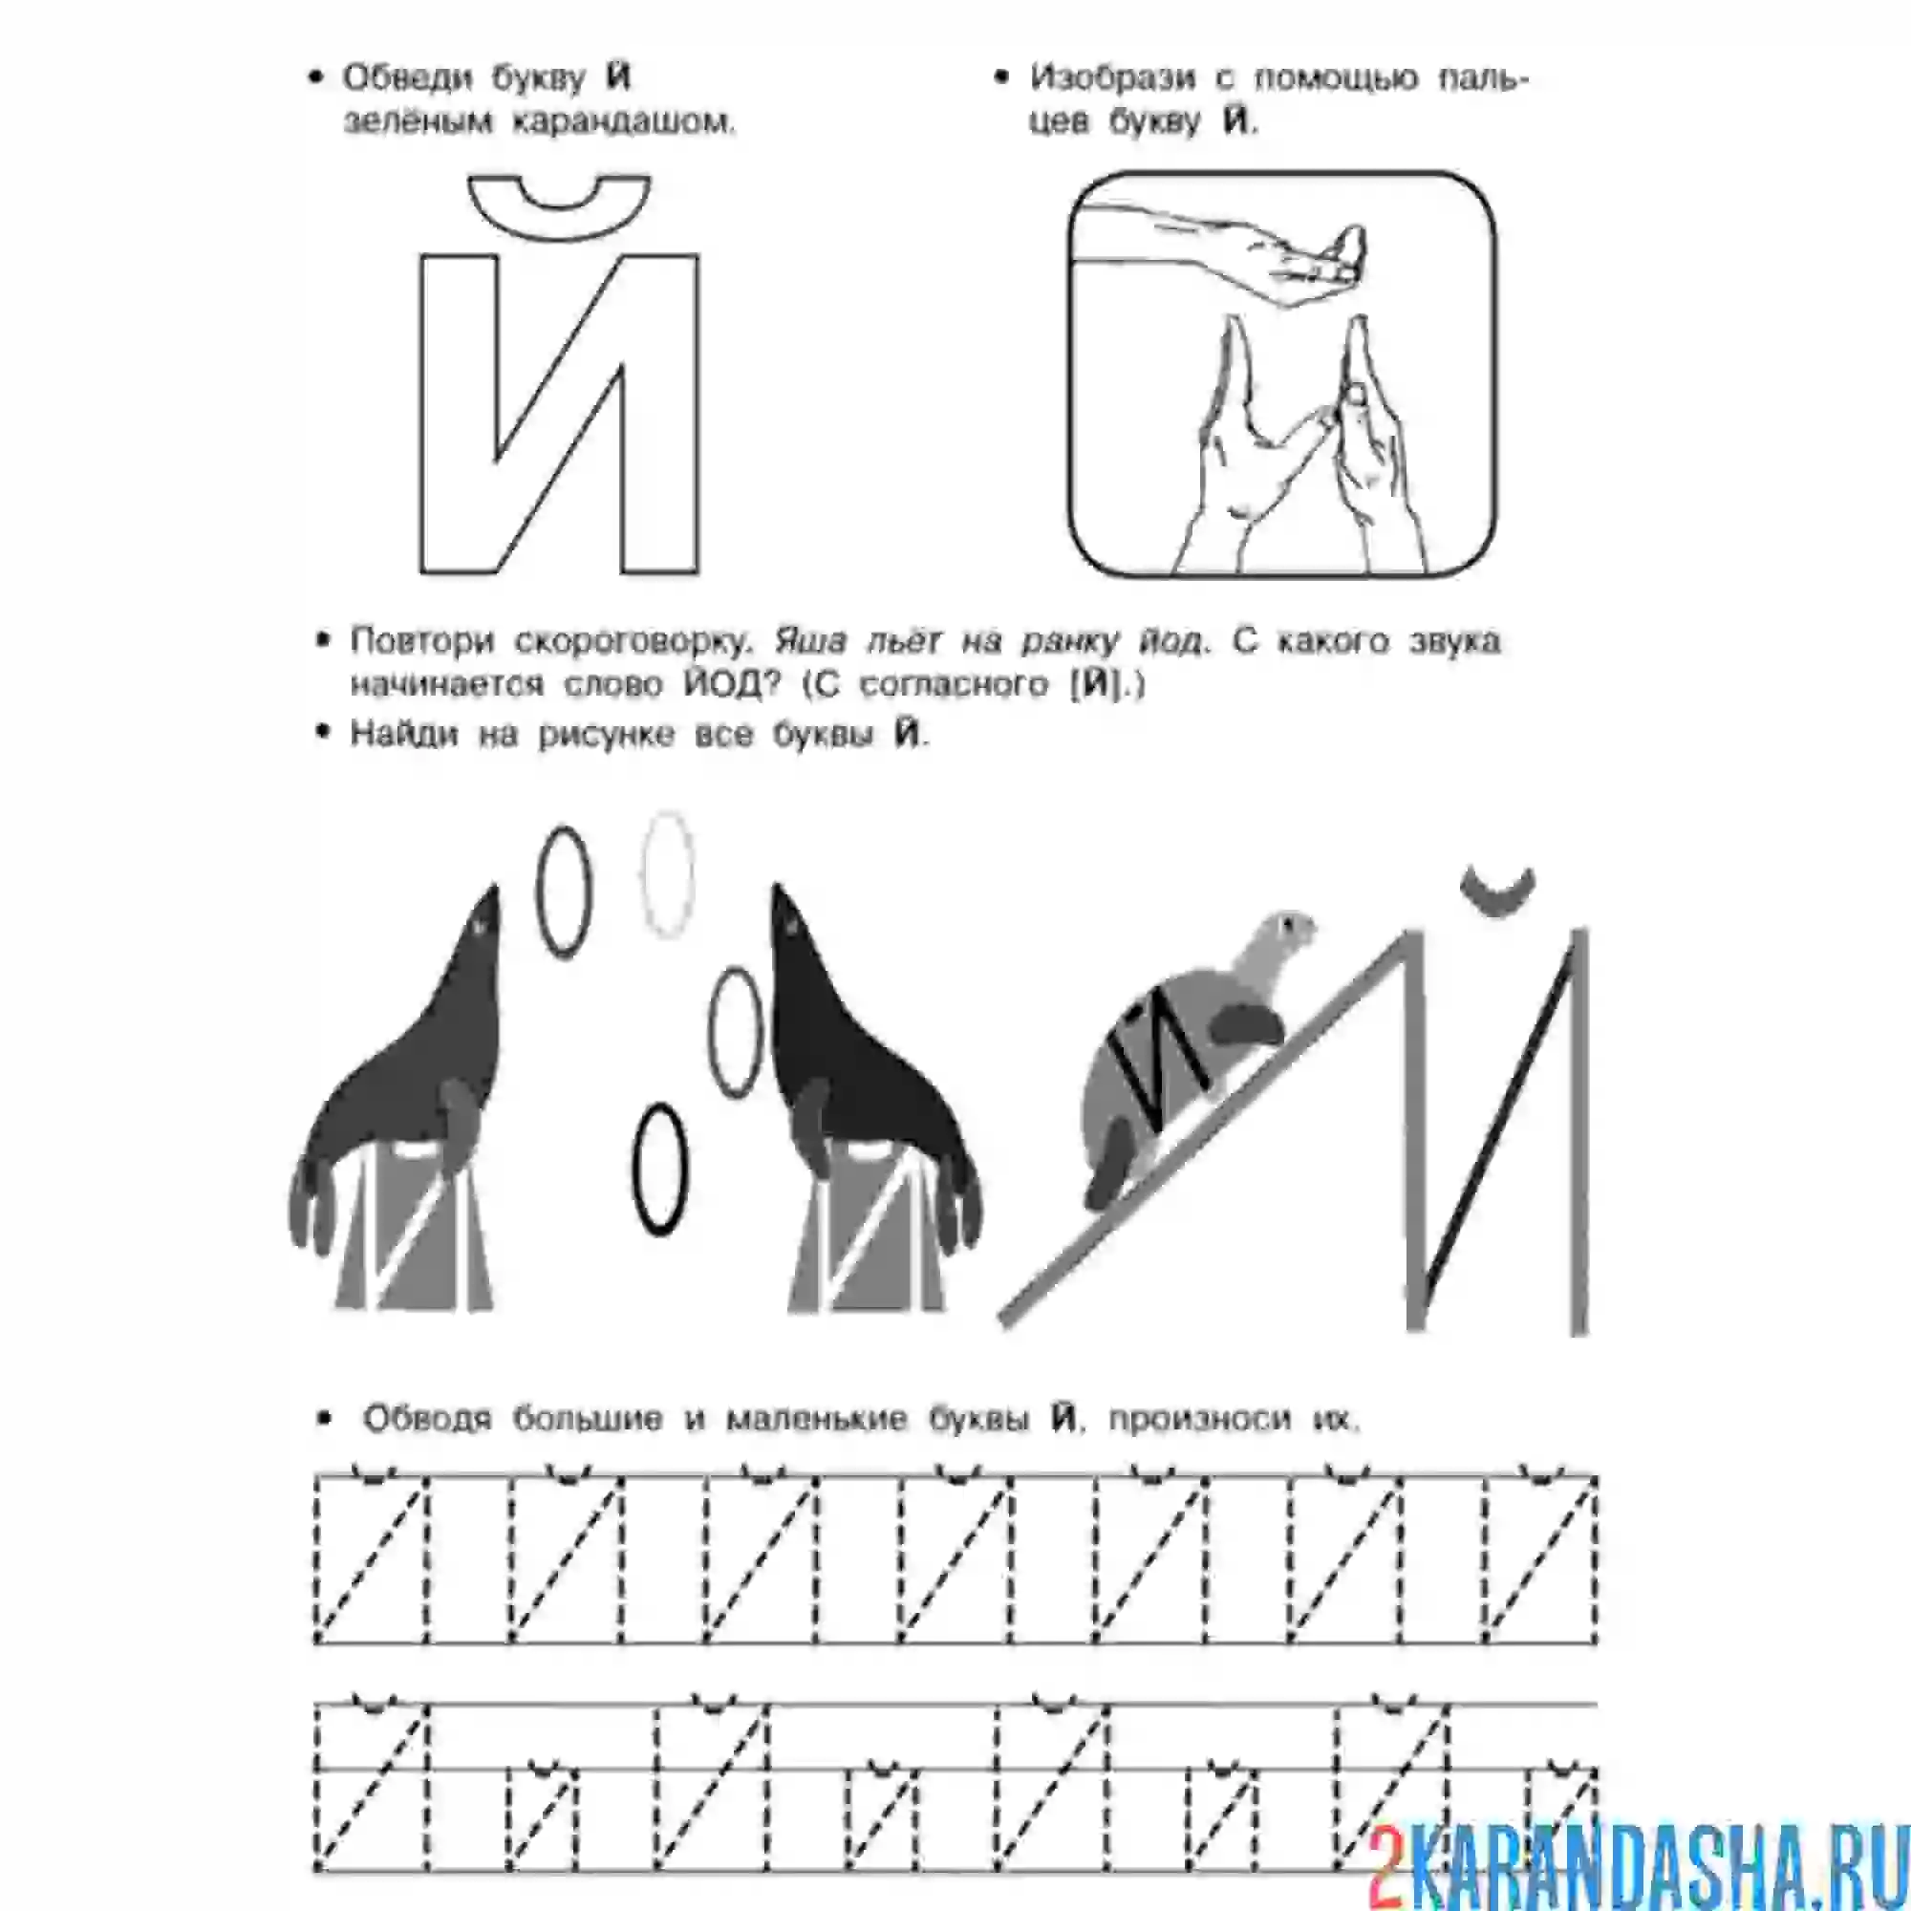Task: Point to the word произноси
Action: coord(1200,1420)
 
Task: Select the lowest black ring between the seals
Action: coord(659,1170)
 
